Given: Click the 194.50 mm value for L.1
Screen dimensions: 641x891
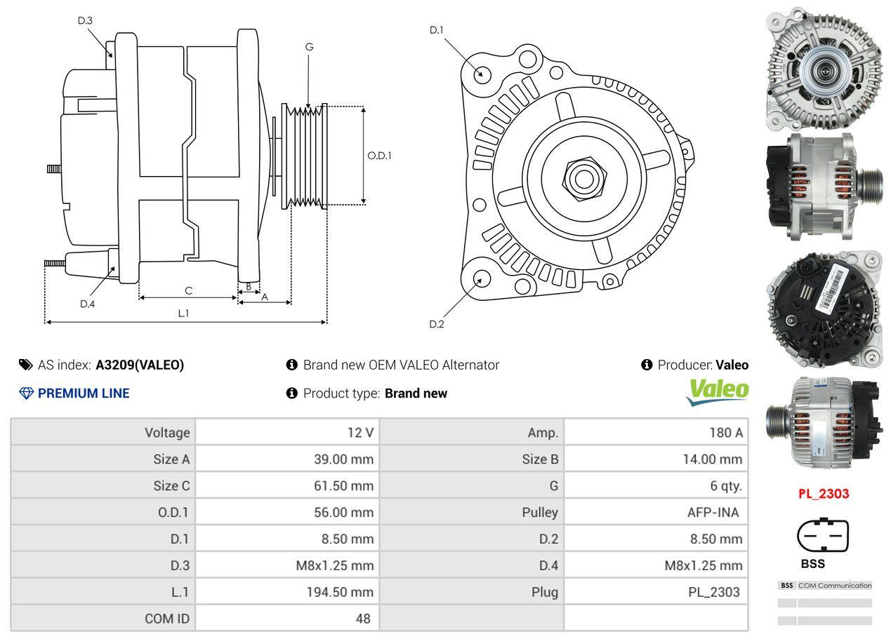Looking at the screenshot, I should [x=339, y=592].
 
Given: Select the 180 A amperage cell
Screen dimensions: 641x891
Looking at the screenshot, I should [x=725, y=433].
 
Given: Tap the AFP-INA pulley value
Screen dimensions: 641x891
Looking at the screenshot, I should [x=713, y=513].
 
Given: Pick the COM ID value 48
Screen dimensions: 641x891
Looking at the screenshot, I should [x=362, y=619].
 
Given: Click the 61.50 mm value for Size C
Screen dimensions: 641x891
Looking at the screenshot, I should [x=343, y=486].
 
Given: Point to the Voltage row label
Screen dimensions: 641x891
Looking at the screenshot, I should [x=167, y=433].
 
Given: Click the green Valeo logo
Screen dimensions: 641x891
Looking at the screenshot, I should [x=718, y=391].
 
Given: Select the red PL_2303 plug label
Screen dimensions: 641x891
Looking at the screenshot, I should [x=823, y=494].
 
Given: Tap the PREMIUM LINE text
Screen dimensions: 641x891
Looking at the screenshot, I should [x=84, y=393].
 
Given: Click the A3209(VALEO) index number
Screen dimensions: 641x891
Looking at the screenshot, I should [x=140, y=365].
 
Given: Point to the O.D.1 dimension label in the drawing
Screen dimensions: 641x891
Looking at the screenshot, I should [x=379, y=156].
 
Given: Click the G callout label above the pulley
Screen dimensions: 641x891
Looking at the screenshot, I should [x=309, y=47].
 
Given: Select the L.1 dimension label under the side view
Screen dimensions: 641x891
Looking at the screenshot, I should [x=183, y=313].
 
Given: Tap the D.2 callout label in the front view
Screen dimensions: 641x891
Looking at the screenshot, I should [x=437, y=324].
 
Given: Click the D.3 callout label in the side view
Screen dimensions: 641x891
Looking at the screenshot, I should [x=85, y=20].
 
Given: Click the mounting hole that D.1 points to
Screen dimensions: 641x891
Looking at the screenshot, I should [x=482, y=72].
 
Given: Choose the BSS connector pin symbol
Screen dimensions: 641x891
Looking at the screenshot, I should [x=822, y=537].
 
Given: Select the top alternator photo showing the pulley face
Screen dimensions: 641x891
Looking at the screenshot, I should [x=822, y=68].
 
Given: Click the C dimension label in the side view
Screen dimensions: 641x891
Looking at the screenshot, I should [x=188, y=290].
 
